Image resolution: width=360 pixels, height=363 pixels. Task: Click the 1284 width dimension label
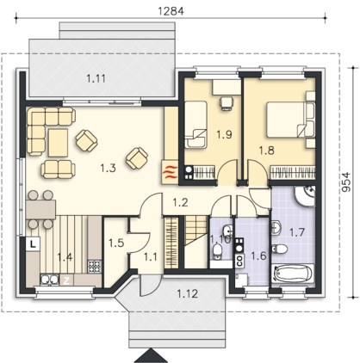171,11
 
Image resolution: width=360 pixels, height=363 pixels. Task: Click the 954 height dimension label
346,181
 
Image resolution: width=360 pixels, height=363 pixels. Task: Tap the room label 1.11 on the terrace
96,78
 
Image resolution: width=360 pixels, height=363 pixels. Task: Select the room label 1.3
109,168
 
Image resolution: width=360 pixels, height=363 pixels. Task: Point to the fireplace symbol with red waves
170,173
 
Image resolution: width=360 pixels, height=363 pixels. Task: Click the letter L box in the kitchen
33,244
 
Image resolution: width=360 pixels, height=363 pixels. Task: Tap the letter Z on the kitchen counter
66,280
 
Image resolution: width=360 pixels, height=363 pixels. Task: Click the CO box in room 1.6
240,261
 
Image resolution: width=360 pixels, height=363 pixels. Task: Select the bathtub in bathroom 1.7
293,274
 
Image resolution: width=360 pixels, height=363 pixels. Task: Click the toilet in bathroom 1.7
279,249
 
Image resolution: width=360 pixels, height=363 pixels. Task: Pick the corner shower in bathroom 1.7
305,195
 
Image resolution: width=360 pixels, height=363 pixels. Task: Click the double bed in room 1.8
287,120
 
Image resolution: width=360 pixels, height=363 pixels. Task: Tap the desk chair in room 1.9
227,102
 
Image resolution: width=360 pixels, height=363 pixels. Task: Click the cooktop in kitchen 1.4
95,267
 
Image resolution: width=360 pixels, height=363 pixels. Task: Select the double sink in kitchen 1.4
49,280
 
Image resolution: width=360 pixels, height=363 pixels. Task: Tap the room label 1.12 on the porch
187,293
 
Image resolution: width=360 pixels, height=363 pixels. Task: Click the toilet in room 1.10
218,252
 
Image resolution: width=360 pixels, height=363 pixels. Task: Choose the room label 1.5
116,243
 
